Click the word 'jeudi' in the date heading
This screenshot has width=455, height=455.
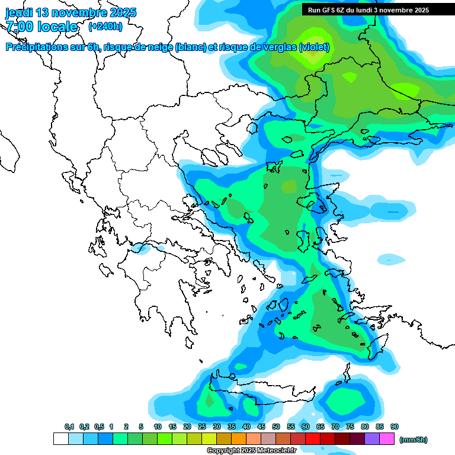pyautogui.click(x=19, y=12)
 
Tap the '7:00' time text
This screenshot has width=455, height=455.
pyautogui.click(x=20, y=27)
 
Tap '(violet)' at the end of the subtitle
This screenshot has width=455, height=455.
pyautogui.click(x=314, y=47)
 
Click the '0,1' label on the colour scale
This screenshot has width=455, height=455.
pyautogui.click(x=69, y=427)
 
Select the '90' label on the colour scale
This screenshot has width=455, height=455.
pyautogui.click(x=395, y=427)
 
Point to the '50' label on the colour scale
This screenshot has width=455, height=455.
pyautogui.click(x=276, y=427)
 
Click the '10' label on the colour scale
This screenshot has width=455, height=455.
pyautogui.click(x=158, y=427)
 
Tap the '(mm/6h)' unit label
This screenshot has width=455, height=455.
pyautogui.click(x=414, y=440)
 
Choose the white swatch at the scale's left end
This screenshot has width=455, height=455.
pyautogui.click(x=60, y=439)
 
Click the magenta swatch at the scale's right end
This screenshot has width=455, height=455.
pyautogui.click(x=387, y=439)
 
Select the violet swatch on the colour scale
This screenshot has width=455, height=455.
pyautogui.click(x=372, y=439)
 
